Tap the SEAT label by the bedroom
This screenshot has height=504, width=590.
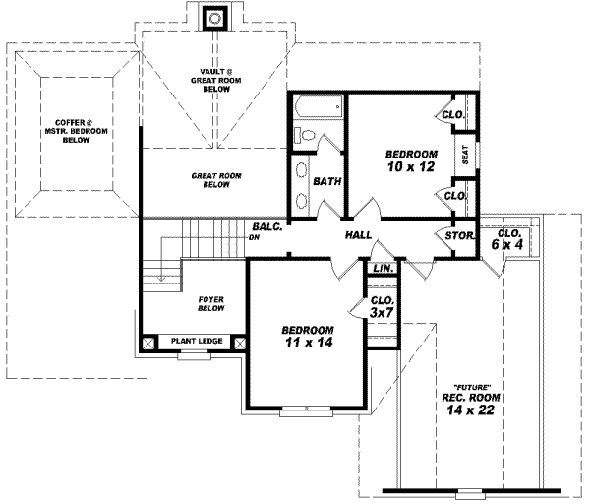click(465, 155)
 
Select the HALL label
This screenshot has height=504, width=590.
click(357, 236)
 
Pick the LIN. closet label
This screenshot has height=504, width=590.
click(383, 268)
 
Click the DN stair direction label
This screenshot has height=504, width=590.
click(257, 237)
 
